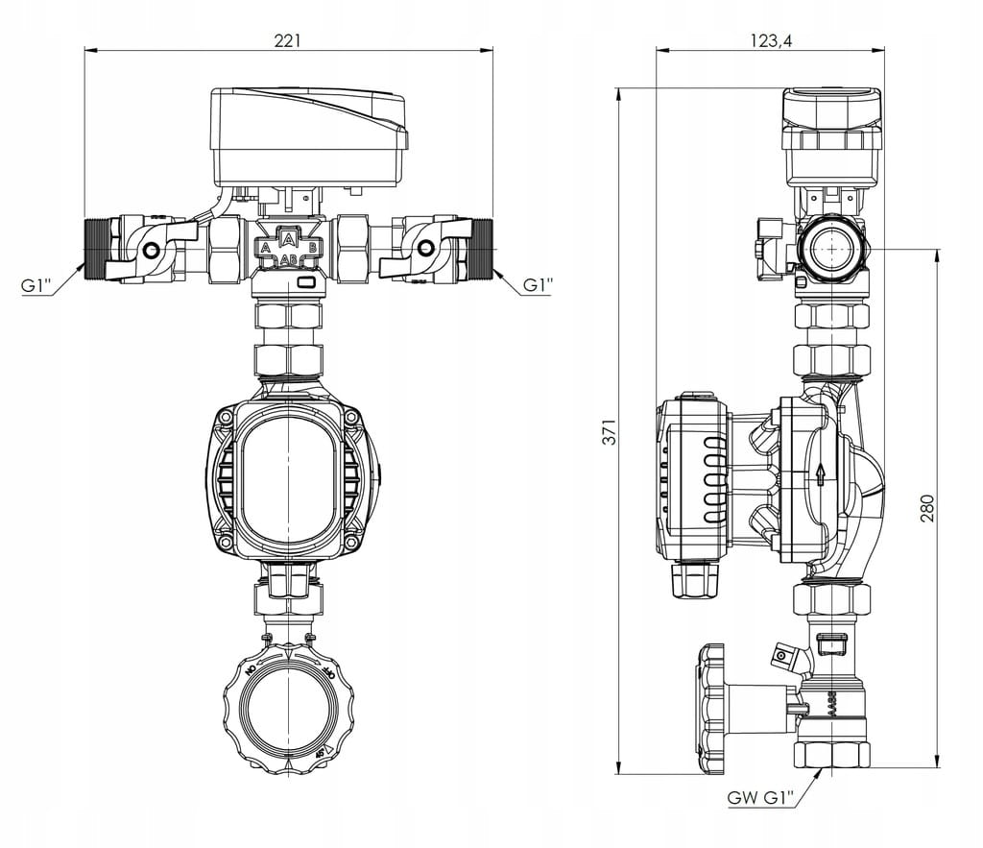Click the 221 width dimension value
pyautogui.click(x=288, y=40)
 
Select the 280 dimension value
pyautogui.click(x=926, y=508)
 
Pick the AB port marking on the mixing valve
pyautogui.click(x=288, y=259)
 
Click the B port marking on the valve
pyautogui.click(x=312, y=248)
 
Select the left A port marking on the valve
pyautogui.click(x=265, y=248)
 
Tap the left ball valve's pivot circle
pyautogui.click(x=151, y=251)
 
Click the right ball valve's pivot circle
pyautogui.click(x=424, y=251)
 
